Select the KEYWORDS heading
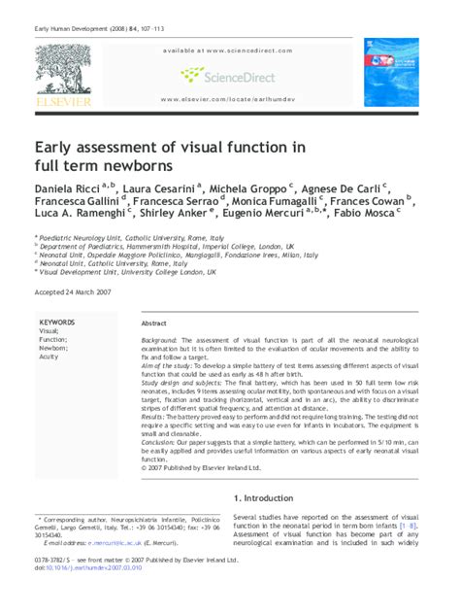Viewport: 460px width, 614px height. click(56, 321)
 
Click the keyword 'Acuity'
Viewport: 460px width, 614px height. click(49, 357)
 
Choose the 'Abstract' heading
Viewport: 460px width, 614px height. click(154, 323)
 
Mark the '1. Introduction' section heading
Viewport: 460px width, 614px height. click(271, 497)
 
